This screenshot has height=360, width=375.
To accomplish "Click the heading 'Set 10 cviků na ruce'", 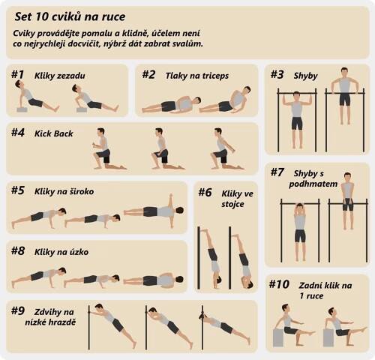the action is pyautogui.click(x=70, y=17).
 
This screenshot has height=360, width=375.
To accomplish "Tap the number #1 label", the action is pyautogui.click(x=17, y=74).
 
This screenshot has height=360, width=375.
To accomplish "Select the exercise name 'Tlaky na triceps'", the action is pyautogui.click(x=197, y=76).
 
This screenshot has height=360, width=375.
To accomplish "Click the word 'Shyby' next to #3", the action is pyautogui.click(x=305, y=76).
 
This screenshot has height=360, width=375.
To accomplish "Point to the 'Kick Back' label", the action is pyautogui.click(x=54, y=133).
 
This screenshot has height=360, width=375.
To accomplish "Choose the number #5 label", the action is pyautogui.click(x=18, y=190).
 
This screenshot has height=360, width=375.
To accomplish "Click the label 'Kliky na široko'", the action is pyautogui.click(x=64, y=191).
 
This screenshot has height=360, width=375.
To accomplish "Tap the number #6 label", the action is pyautogui.click(x=205, y=193).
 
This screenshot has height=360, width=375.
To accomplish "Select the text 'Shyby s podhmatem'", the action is pyautogui.click(x=313, y=178).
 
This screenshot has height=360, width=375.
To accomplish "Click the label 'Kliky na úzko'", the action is pyautogui.click(x=61, y=252).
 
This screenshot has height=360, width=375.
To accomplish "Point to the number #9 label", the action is pyautogui.click(x=18, y=310).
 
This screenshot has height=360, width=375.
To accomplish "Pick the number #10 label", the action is pyautogui.click(x=279, y=284).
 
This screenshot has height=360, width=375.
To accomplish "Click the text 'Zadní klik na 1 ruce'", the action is pyautogui.click(x=325, y=290).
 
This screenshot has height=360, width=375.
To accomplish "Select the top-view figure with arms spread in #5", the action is pyautogui.click(x=154, y=211).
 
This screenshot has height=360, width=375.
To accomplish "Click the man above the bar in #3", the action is pyautogui.click(x=344, y=96).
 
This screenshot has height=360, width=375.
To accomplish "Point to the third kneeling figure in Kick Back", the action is pyautogui.click(x=224, y=148).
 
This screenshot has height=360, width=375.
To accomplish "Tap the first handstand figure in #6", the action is pyautogui.click(x=211, y=257).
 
